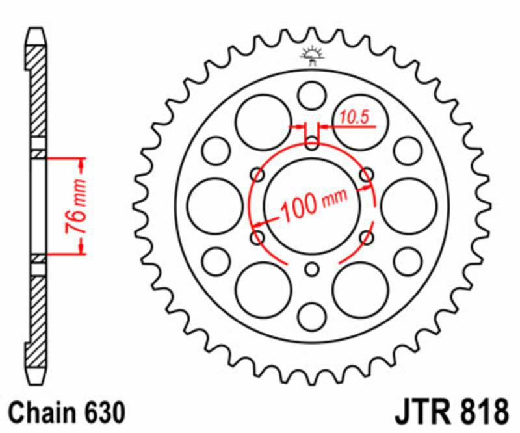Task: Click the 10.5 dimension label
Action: click(x=354, y=118)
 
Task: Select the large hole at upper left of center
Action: click(x=263, y=122)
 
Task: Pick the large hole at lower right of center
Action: click(x=361, y=290)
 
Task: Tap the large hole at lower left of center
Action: click(x=263, y=290)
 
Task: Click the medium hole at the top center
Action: click(x=313, y=95)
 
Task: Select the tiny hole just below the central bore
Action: click(x=313, y=269)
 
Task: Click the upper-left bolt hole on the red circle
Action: click(x=258, y=174)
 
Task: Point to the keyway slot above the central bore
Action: click(x=313, y=141)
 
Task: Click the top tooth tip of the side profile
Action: click(x=36, y=31)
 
